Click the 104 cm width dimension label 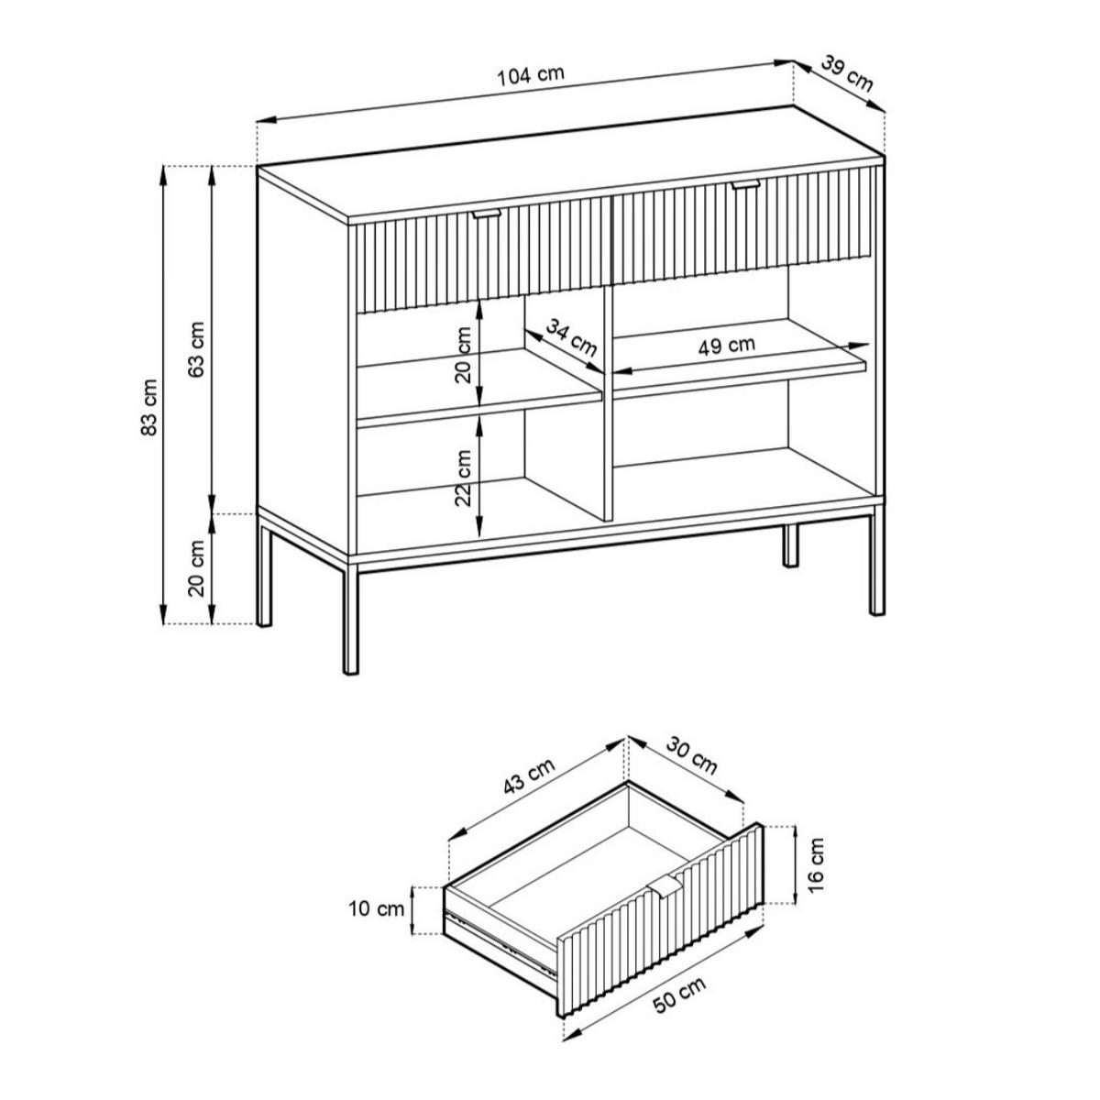pos(530,76)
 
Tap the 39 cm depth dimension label pos(847,73)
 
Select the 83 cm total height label pos(148,407)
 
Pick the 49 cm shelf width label pos(726,346)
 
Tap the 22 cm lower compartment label pos(464,478)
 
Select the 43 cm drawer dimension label pos(529,776)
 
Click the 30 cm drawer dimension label pos(691,756)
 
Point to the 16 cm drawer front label pos(816,873)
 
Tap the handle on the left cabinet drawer pos(487,214)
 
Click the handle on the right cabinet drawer pos(745,184)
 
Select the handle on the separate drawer pos(664,888)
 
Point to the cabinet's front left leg pos(350,618)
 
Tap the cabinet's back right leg pos(789,545)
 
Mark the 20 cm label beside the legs pos(196,568)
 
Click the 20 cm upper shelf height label pos(464,354)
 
